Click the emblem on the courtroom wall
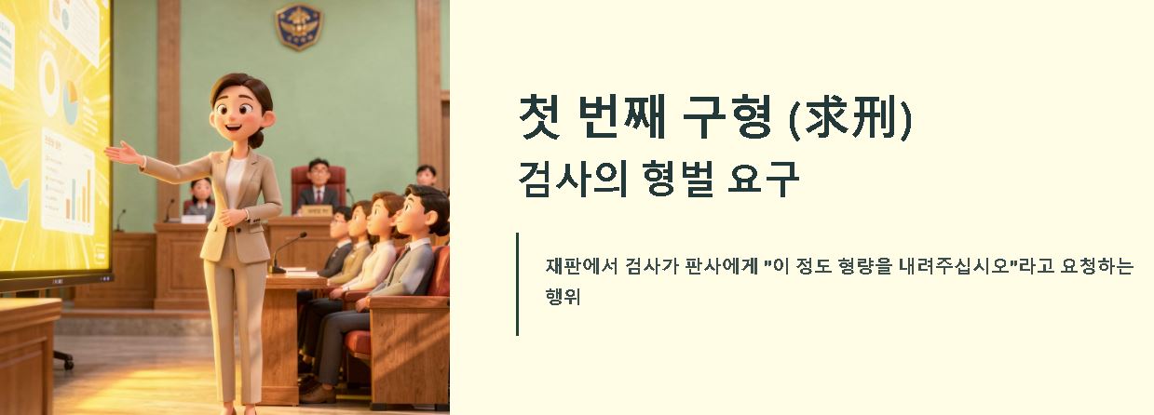tap(299, 26)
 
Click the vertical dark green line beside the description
tap(517, 283)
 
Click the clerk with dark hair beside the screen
tap(200, 196)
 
